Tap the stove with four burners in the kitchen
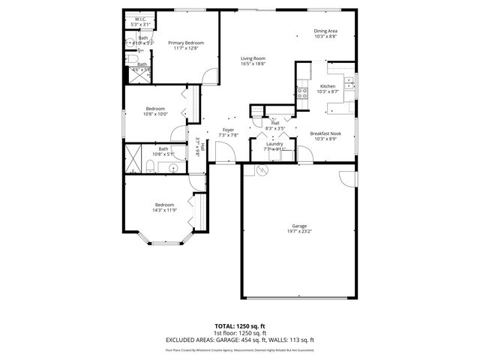pyautogui.click(x=303, y=93)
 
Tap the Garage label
pyautogui.click(x=299, y=226)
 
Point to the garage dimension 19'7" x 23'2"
pyautogui.click(x=299, y=232)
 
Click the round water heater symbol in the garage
pyautogui.click(x=262, y=170)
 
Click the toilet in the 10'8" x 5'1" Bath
pyautogui.click(x=150, y=166)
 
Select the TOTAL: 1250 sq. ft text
pyautogui.click(x=239, y=327)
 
